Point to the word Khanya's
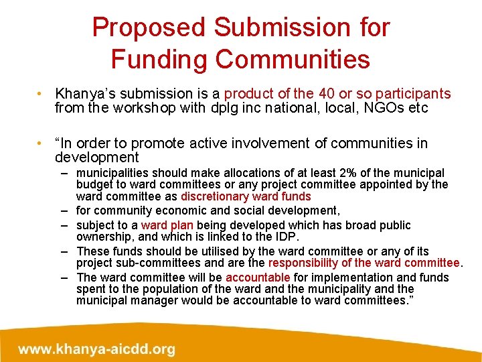pos(83,94)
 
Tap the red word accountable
pos(258,277)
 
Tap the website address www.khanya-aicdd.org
pos(96,349)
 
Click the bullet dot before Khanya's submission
pos(42,94)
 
